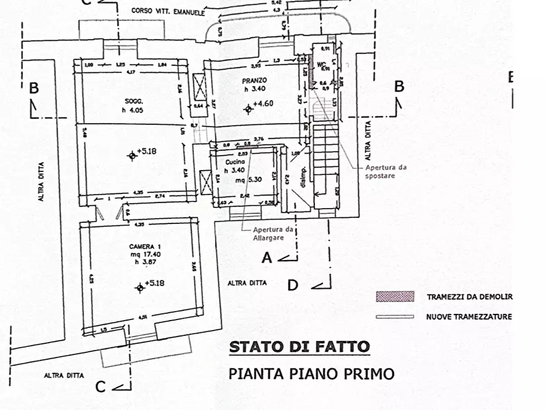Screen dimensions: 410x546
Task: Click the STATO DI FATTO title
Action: pyautogui.click(x=299, y=347)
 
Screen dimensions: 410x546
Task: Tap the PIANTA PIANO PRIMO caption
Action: pyautogui.click(x=311, y=373)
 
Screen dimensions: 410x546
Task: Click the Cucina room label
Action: pyautogui.click(x=235, y=162)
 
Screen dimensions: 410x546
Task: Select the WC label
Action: pyautogui.click(x=319, y=63)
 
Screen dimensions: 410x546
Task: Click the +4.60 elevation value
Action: pyautogui.click(x=262, y=103)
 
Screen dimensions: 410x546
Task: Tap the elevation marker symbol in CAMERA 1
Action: pyautogui.click(x=139, y=286)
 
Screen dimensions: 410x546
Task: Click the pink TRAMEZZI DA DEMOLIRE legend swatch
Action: pyautogui.click(x=394, y=297)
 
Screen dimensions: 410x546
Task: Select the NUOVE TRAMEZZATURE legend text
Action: pyautogui.click(x=468, y=317)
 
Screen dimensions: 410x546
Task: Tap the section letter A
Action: pyautogui.click(x=267, y=258)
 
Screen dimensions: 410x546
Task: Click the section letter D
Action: pyautogui.click(x=293, y=285)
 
